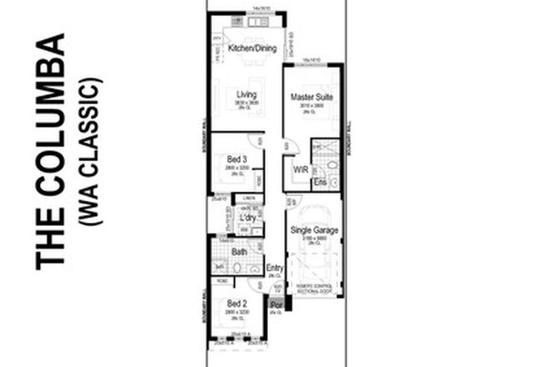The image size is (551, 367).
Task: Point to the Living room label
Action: tap(245, 94)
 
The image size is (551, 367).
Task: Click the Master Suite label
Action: tap(311, 98)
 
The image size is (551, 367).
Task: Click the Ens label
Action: tap(318, 182)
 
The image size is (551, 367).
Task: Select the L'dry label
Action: tap(247, 218)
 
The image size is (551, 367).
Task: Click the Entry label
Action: tap(274, 269)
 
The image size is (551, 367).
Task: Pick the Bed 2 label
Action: tap(236, 304)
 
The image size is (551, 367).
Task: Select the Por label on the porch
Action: tap(275, 306)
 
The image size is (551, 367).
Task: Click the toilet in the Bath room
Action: tap(237, 268)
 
